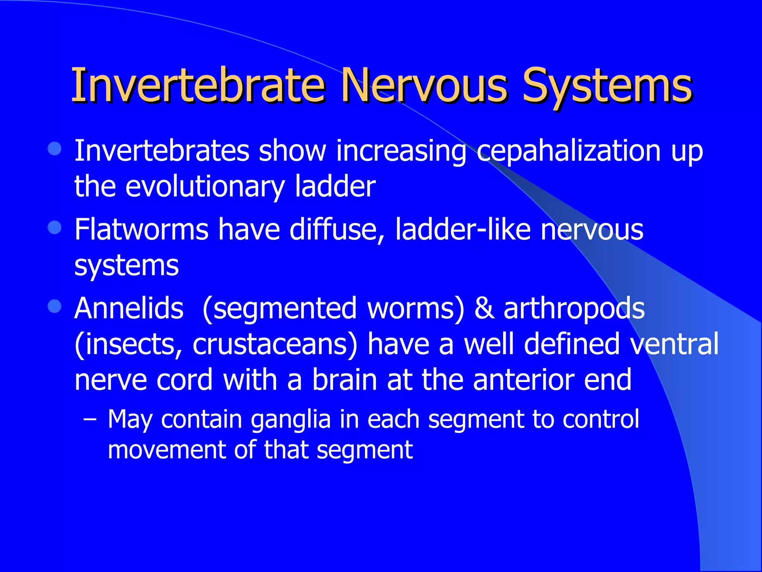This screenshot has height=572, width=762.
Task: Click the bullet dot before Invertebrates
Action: coord(55,149)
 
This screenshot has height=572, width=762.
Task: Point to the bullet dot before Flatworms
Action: coord(55,228)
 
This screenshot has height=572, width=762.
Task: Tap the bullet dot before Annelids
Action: coord(55,306)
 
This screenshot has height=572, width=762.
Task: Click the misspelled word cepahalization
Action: coord(568,152)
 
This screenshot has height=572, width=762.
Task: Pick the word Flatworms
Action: coord(141,229)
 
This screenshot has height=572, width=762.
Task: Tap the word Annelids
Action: coord(129,308)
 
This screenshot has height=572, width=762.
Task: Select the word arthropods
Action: coord(574,309)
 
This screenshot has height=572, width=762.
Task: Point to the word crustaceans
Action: coord(275,345)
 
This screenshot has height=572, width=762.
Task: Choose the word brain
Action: coord(345,380)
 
